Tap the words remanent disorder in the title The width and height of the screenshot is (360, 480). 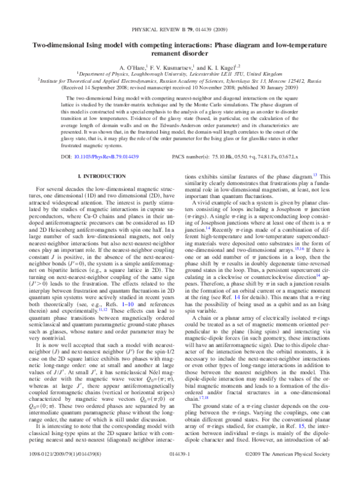click(179, 53)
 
